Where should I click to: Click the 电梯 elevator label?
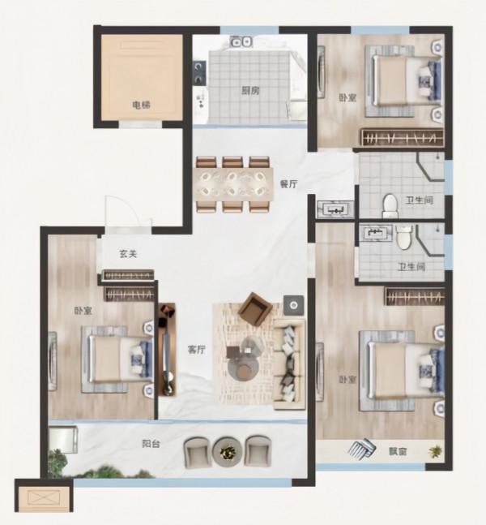(x=141, y=105)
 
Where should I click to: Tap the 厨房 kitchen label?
(x=250, y=90)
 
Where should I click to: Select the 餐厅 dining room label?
(x=288, y=184)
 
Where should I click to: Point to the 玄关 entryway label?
(x=128, y=254)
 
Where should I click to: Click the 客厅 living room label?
(x=197, y=350)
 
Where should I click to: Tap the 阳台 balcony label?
(x=151, y=444)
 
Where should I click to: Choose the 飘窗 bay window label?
(x=398, y=452)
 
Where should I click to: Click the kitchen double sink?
(x=241, y=41)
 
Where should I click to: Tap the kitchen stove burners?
(x=199, y=72)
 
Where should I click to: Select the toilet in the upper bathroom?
(x=390, y=205)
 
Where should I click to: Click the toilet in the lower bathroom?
(x=404, y=237)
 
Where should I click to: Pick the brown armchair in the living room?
(x=254, y=309)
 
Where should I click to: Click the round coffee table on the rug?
(x=243, y=368)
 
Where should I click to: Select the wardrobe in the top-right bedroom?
(x=403, y=138)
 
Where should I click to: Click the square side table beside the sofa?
(x=293, y=305)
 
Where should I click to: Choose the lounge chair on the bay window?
(x=362, y=449)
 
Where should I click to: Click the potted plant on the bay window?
(x=435, y=452)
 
